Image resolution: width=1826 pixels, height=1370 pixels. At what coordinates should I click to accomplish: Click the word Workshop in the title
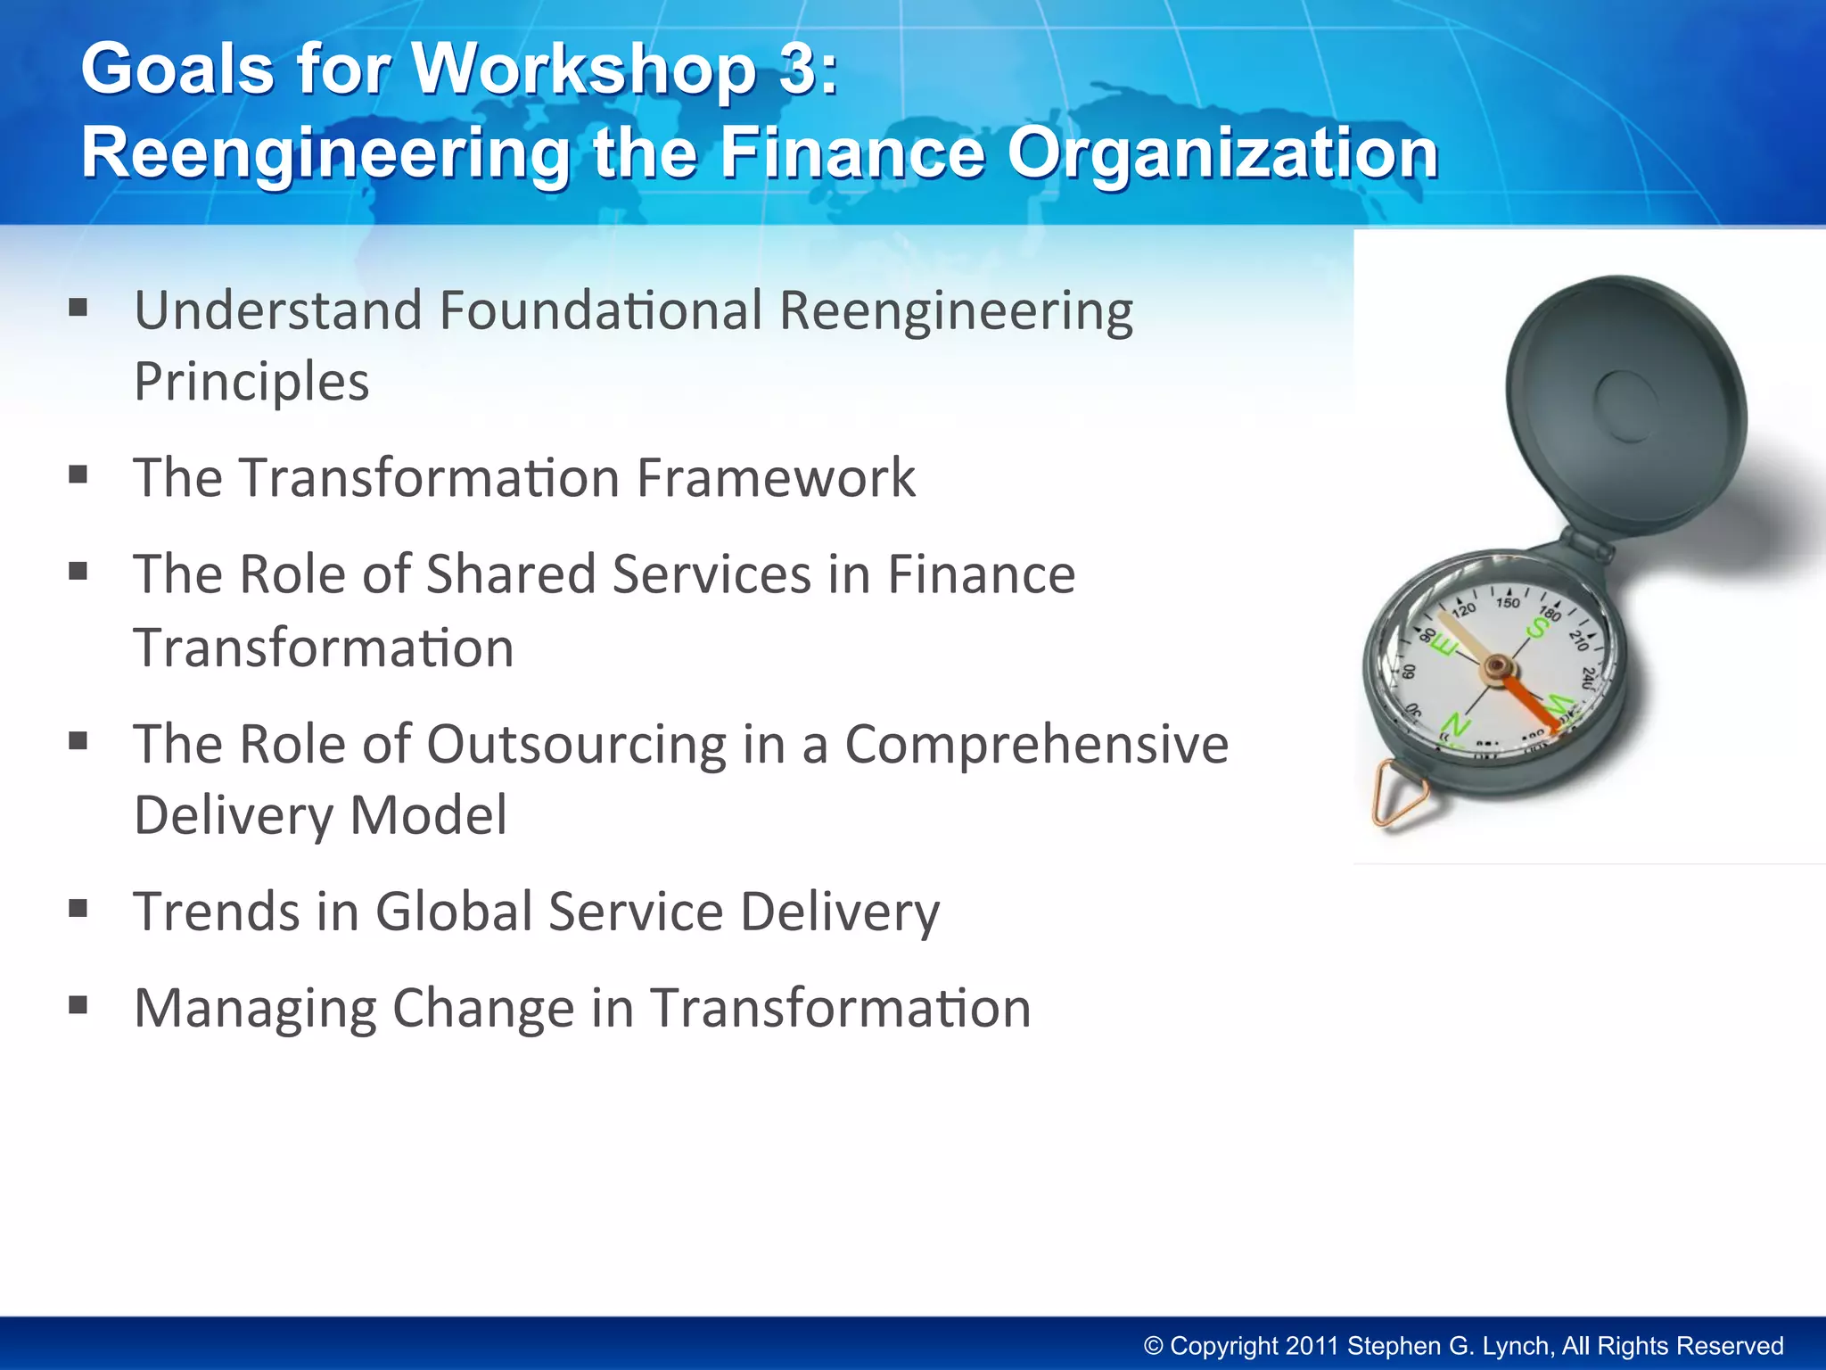[585, 70]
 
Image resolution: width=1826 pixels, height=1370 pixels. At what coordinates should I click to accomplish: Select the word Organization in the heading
[1222, 153]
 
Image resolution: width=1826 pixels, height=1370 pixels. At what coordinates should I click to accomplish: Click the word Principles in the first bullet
[251, 383]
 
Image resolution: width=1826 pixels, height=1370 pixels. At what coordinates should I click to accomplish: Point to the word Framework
[776, 478]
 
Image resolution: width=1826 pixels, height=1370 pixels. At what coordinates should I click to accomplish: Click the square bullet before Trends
[78, 909]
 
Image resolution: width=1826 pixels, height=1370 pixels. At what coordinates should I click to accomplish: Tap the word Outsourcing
[577, 745]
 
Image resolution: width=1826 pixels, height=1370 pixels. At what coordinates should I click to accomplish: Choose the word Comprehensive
[1036, 745]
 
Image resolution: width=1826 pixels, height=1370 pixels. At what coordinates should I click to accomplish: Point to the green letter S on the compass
[1538, 628]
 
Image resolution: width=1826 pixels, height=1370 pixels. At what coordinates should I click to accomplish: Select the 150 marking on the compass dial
[1508, 603]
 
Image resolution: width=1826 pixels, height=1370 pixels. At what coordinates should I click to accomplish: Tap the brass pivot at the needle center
[1497, 665]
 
